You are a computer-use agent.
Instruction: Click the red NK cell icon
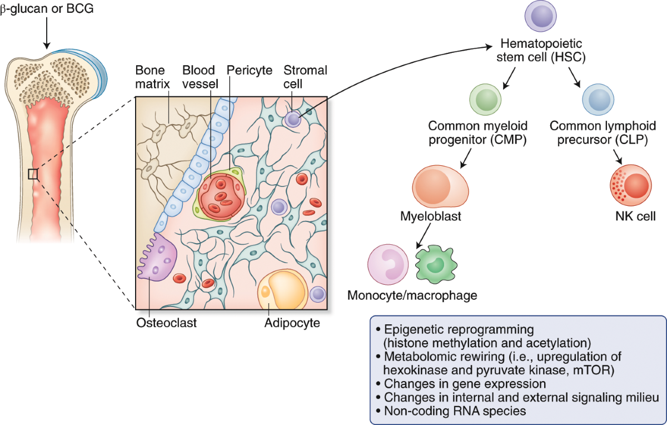tap(629, 187)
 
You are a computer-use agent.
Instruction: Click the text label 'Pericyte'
tap(250, 71)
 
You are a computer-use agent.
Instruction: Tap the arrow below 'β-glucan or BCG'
tap(47, 34)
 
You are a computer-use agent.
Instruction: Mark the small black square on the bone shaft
tap(33, 174)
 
